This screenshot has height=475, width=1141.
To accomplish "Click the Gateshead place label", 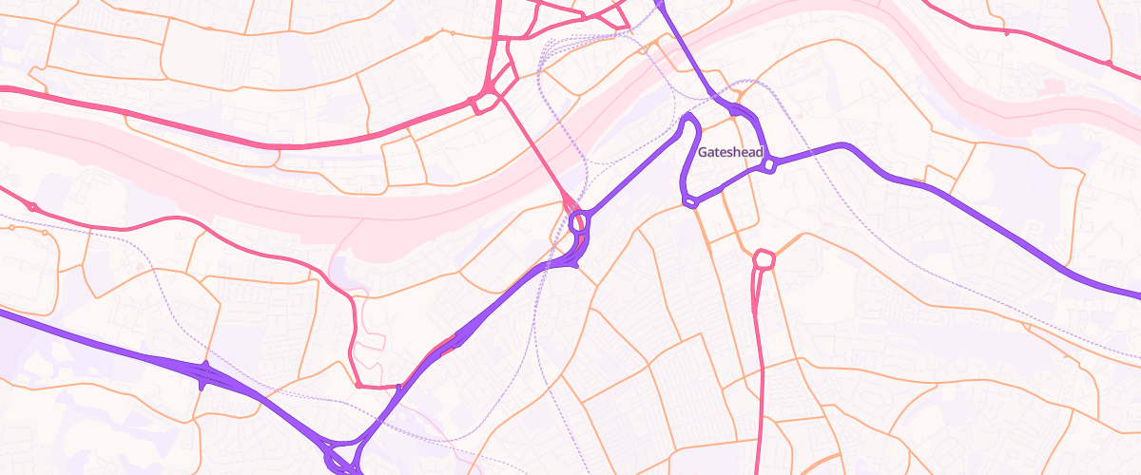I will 730,152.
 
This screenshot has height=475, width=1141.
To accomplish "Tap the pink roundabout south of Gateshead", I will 764,258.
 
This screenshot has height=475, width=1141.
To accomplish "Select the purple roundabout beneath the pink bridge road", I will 577,223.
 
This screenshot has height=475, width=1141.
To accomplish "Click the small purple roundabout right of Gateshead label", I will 769,165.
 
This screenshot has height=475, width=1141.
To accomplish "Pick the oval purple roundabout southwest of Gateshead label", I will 691,200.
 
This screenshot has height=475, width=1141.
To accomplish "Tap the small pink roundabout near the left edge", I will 32,206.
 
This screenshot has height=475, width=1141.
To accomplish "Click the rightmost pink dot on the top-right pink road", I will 1109,63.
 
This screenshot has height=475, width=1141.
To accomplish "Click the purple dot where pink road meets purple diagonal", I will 398,387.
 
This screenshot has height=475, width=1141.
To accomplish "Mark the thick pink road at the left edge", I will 8,89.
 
